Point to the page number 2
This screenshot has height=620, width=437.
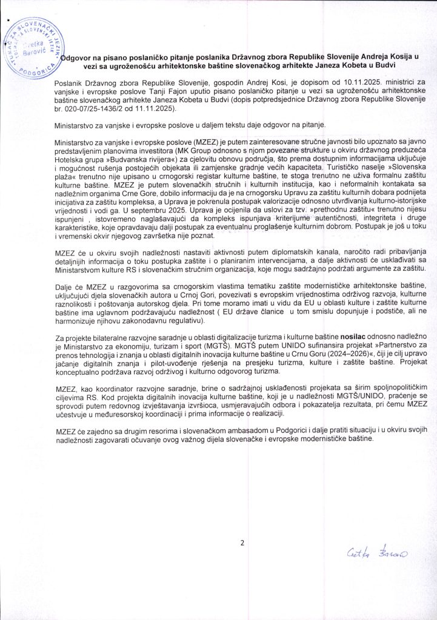coord(241,542)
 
